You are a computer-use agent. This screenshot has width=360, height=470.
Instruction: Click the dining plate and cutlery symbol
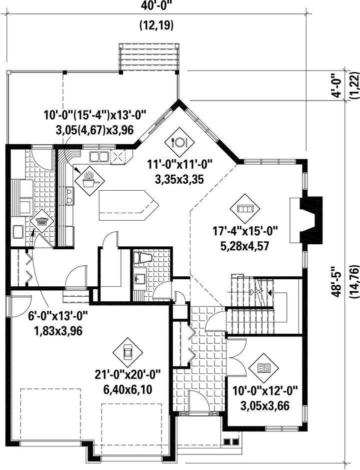[179, 142]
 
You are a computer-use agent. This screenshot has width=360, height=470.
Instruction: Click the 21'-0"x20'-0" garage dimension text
[127, 374]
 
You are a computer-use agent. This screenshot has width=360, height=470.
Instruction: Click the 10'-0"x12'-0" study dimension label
[265, 391]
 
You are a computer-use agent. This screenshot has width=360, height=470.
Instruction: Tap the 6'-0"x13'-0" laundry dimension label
[58, 316]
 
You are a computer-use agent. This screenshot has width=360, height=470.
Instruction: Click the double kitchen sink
[98, 157]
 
